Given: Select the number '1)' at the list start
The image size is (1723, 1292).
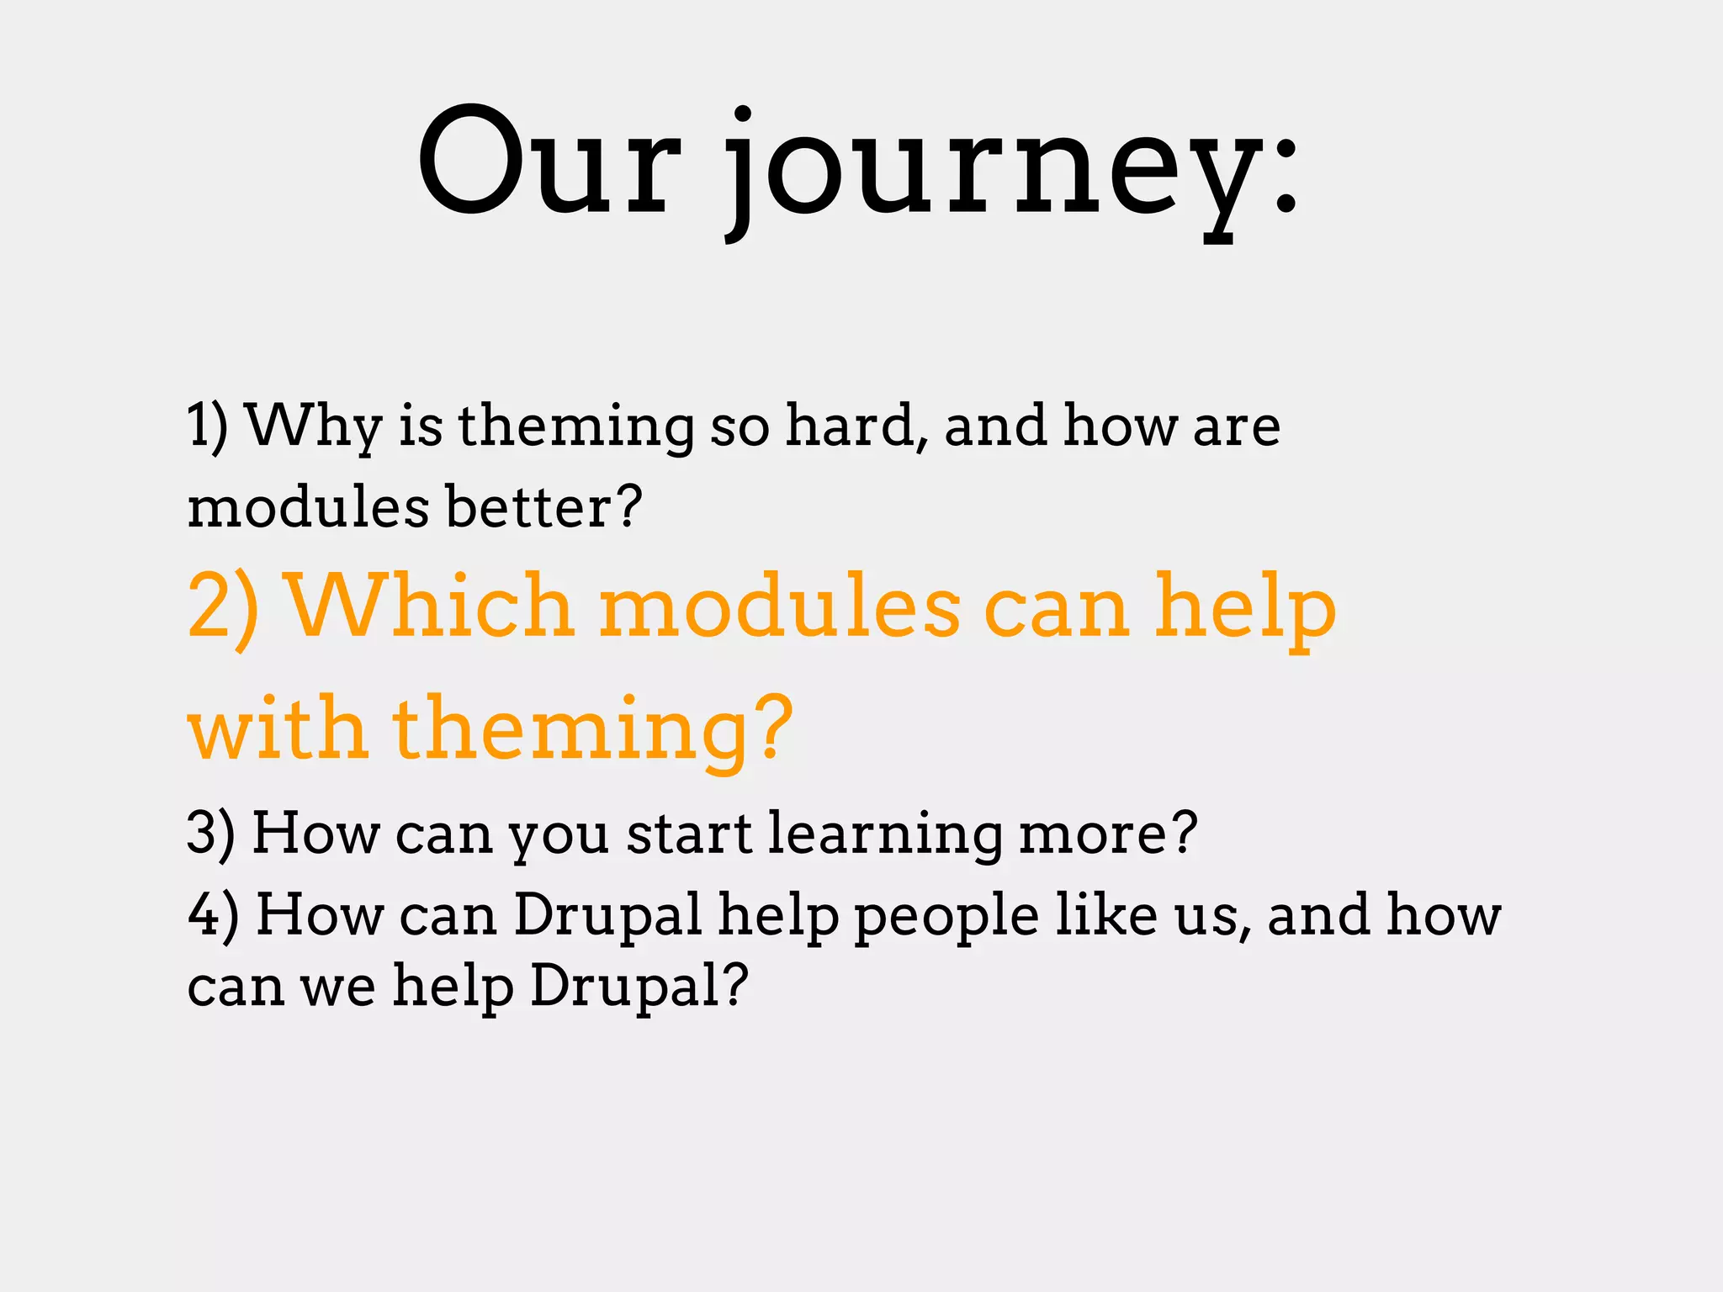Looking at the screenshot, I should tap(207, 426).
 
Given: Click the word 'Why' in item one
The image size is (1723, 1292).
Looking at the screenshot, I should tap(315, 426).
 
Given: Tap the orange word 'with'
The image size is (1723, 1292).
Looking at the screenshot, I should tap(278, 727).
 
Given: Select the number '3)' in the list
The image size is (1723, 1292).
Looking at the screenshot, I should tap(210, 833).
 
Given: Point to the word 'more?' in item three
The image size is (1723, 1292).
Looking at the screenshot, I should tap(1107, 833).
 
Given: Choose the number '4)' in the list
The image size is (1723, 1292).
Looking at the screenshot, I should tap(213, 914).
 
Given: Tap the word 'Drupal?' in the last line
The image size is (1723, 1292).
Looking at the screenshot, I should tap(639, 986).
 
